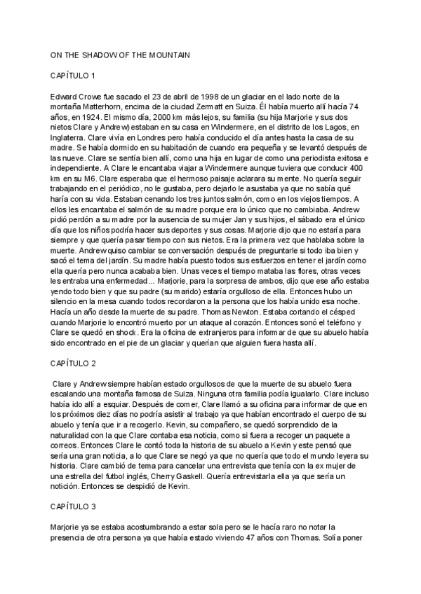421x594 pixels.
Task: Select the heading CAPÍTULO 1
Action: (74, 75)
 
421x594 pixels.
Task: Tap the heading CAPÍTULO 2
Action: (74, 364)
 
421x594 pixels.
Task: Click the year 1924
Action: (92, 116)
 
